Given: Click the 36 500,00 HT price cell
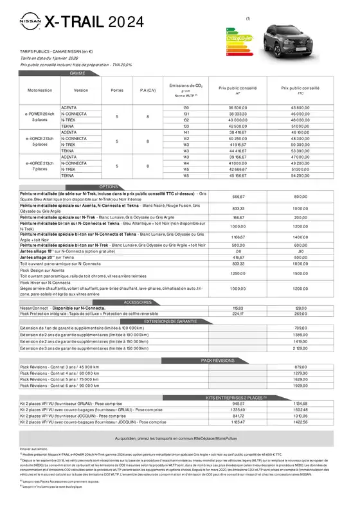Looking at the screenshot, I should click(x=237, y=107).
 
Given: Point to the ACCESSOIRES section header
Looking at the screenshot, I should click(x=156, y=301).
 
